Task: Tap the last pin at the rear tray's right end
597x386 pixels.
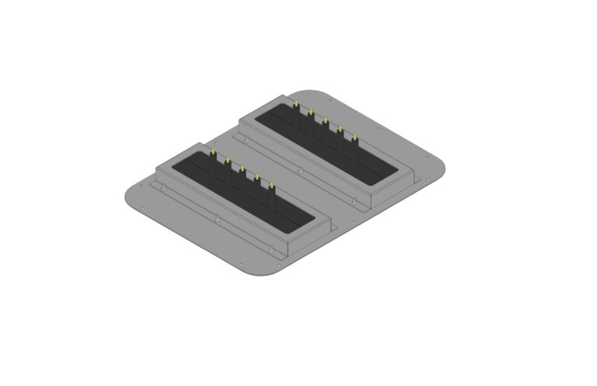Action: tap(354, 137)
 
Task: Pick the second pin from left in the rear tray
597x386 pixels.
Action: tap(311, 113)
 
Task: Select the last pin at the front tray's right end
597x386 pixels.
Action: tap(271, 184)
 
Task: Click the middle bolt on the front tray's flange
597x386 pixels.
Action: tap(215, 218)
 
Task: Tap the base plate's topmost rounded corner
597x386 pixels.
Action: tap(311, 91)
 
